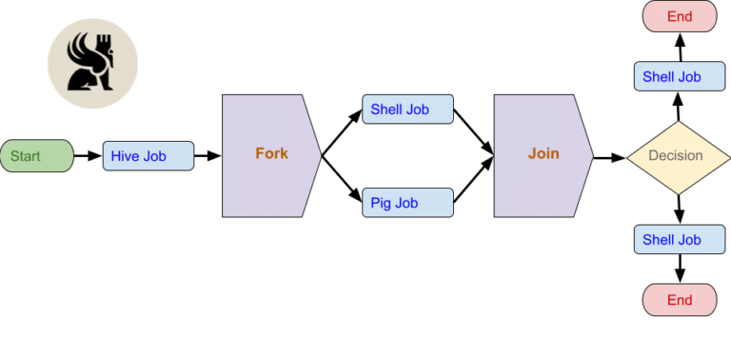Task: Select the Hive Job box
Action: [148, 156]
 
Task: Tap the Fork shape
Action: [267, 153]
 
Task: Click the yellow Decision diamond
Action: [676, 156]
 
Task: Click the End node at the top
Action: [679, 16]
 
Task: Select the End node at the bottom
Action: [679, 300]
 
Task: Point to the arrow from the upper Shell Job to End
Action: [679, 47]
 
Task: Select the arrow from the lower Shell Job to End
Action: [679, 270]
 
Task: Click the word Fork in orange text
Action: [271, 153]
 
